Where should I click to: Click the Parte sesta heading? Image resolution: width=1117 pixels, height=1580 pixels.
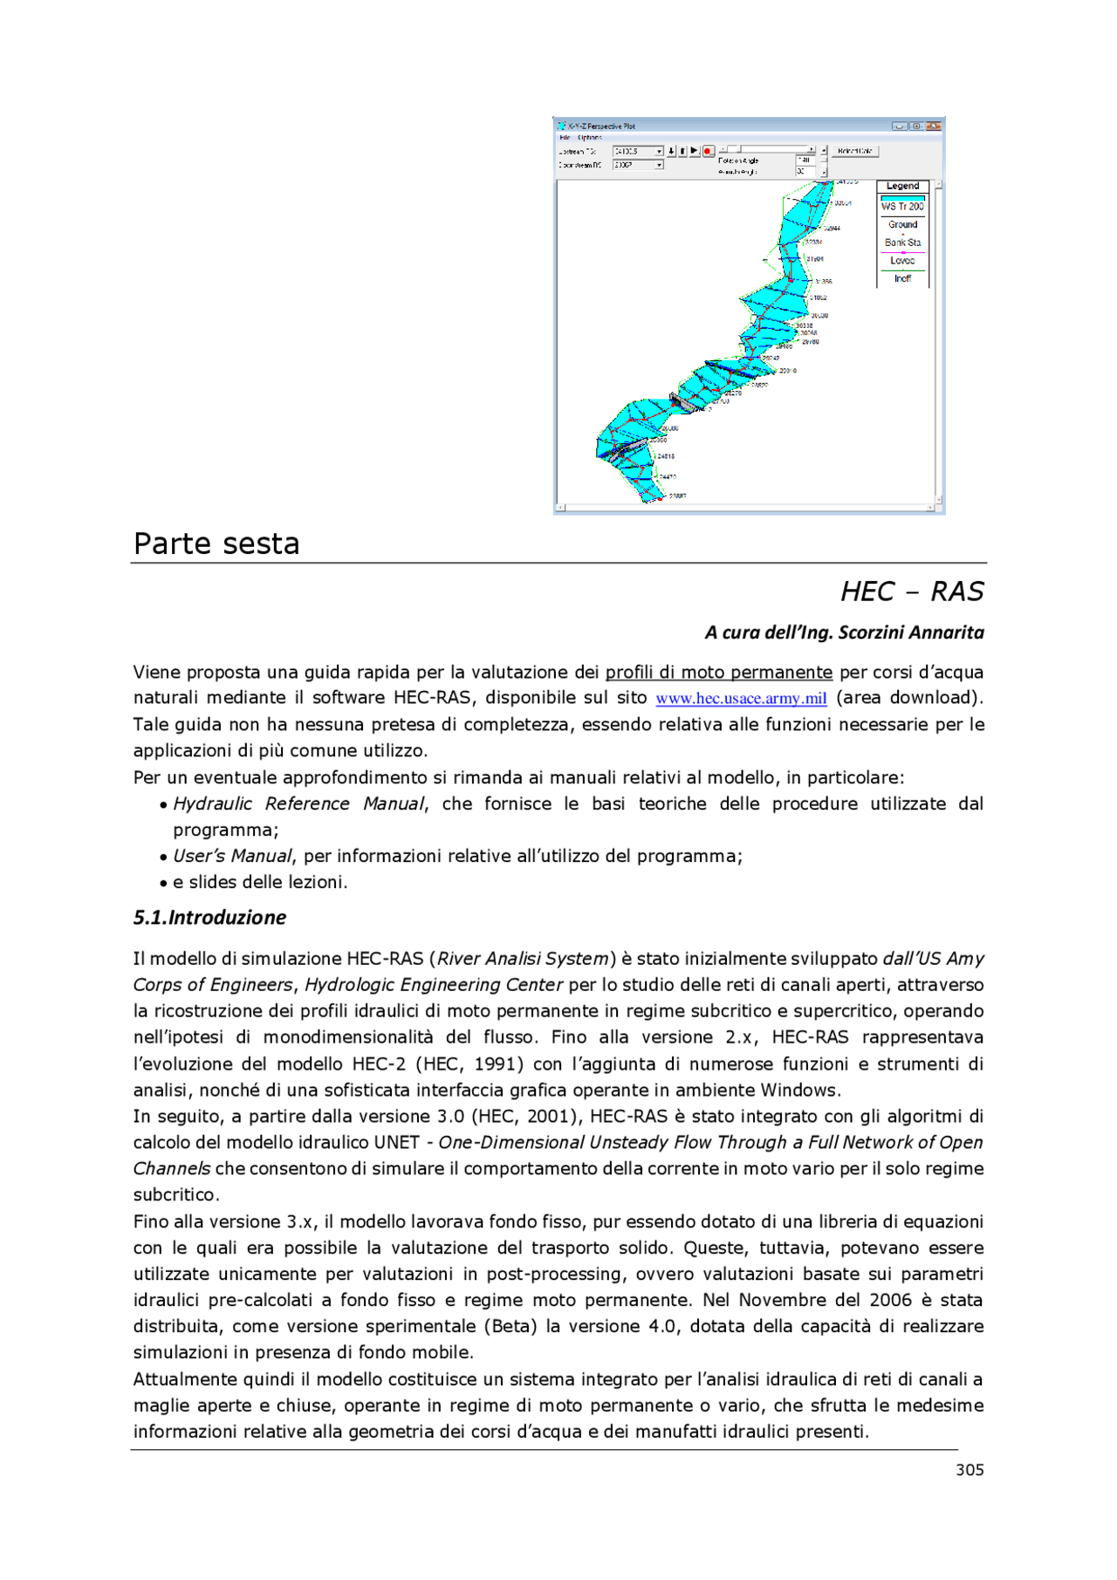216,544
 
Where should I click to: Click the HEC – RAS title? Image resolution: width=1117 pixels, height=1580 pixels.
912,592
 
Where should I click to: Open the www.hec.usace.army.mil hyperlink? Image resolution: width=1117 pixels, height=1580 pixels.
741,698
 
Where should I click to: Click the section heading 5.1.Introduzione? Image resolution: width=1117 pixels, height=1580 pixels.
209,917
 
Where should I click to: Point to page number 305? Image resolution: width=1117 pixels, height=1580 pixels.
970,1469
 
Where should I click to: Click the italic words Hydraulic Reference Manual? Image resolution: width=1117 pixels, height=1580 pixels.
298,804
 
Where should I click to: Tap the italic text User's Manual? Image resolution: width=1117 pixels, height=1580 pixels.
232,856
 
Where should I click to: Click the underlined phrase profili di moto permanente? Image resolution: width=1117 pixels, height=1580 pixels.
718,672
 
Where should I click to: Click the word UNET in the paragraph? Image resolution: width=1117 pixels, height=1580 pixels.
396,1142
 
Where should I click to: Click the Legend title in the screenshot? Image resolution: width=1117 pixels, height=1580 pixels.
902,186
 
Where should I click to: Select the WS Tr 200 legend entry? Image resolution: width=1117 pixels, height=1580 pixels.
902,206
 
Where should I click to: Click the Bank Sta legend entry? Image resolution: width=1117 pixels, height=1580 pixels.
902,243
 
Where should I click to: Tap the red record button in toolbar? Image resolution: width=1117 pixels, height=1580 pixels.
708,151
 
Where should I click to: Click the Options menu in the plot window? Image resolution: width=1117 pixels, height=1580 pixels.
590,137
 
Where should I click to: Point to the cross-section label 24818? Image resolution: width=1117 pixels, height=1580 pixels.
665,456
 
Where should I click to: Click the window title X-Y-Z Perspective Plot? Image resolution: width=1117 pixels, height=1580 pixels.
601,126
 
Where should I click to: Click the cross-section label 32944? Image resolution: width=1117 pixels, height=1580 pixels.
832,228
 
